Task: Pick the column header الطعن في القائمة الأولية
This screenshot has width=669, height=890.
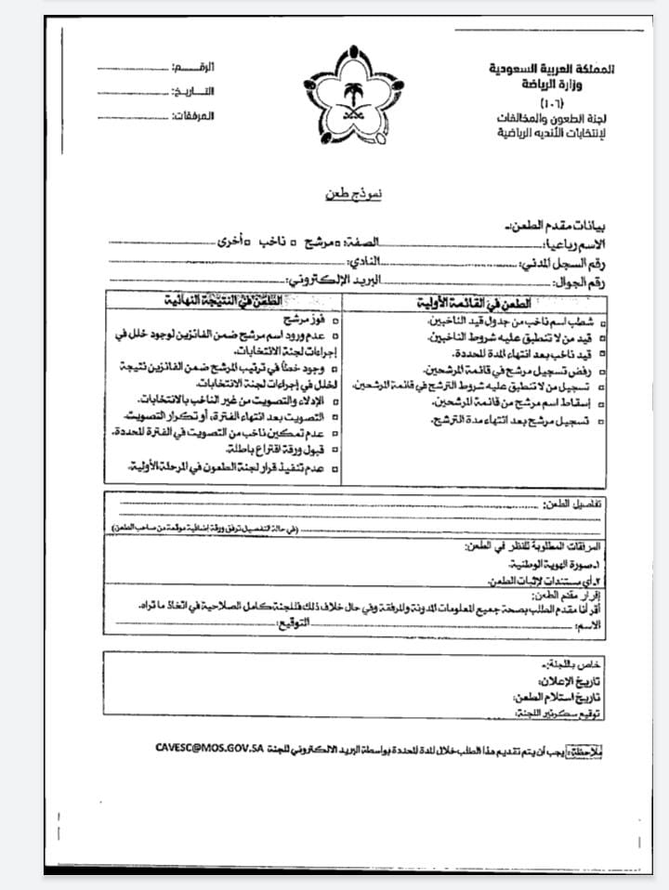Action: click(474, 303)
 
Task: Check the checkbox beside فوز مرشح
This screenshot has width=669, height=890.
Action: click(334, 321)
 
